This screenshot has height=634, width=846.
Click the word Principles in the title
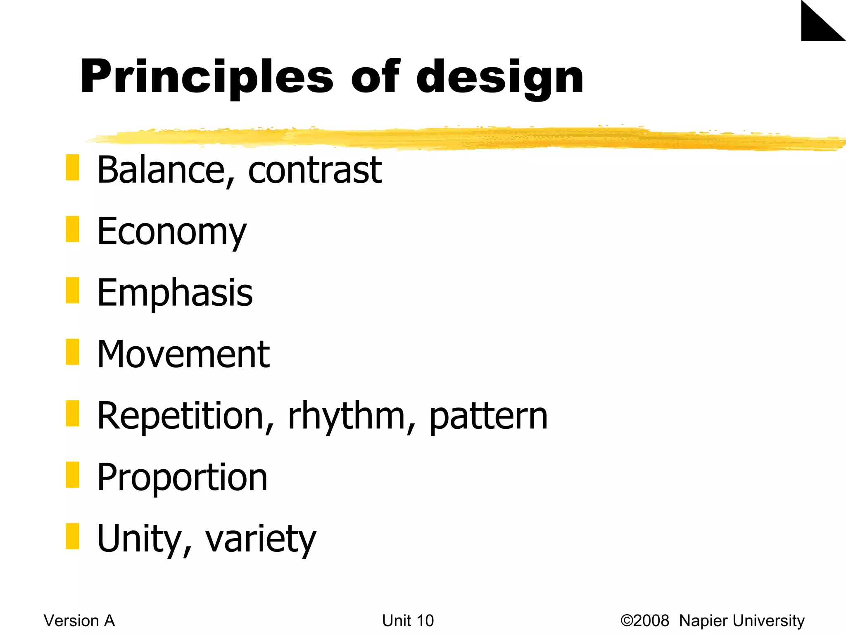tap(207, 77)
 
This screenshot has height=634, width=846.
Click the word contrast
tap(315, 170)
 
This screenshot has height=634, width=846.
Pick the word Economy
tap(171, 232)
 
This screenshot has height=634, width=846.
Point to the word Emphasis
tap(175, 293)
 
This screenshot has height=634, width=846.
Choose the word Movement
tap(183, 354)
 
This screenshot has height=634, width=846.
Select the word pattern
tap(489, 417)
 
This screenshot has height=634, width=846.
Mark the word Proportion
tap(182, 478)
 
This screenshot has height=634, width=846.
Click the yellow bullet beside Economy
tap(72, 229)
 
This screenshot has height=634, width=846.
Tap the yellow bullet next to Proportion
tap(72, 475)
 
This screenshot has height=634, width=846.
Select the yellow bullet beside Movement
tap(72, 352)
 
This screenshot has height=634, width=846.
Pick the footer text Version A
tap(79, 621)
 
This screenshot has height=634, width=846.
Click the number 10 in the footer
tap(425, 621)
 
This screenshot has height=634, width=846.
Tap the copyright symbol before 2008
tap(627, 621)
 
